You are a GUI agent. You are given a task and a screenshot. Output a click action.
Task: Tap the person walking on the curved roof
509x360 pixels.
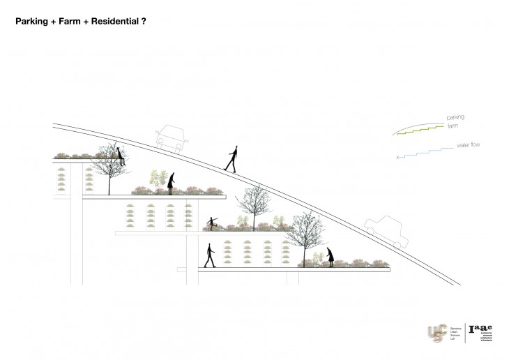click(x=232, y=159)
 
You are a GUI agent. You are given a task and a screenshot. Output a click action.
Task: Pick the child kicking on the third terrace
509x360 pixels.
click(x=212, y=223)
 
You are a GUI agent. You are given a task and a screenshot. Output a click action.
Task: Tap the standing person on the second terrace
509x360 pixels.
click(x=171, y=183)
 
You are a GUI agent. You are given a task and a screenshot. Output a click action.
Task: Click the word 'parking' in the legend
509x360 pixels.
click(x=456, y=117)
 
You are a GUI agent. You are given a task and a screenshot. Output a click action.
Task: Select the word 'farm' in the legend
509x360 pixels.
click(x=453, y=126)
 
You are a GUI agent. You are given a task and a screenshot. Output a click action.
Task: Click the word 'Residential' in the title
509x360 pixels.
click(x=109, y=22)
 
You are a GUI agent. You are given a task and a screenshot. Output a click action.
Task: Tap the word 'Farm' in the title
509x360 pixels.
click(x=66, y=22)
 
